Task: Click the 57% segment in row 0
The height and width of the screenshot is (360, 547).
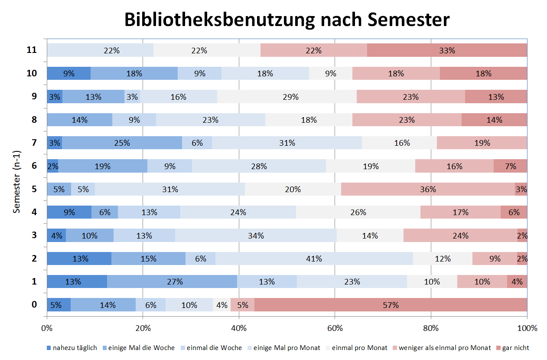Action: click(390, 304)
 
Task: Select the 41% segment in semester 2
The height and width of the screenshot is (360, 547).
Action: click(314, 259)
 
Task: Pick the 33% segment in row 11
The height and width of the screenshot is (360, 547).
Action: click(447, 50)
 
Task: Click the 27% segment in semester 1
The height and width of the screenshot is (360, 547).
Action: click(172, 281)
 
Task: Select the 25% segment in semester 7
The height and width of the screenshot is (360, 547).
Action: click(122, 143)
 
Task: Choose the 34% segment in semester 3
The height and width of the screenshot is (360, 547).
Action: click(256, 236)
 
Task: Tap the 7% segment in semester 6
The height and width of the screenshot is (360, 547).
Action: click(510, 166)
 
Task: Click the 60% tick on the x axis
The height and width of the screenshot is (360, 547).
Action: click(335, 328)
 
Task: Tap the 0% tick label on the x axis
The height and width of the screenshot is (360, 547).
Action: click(47, 328)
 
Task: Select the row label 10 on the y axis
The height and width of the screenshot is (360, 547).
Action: click(31, 73)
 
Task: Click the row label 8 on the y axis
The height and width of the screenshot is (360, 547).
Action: click(34, 120)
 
